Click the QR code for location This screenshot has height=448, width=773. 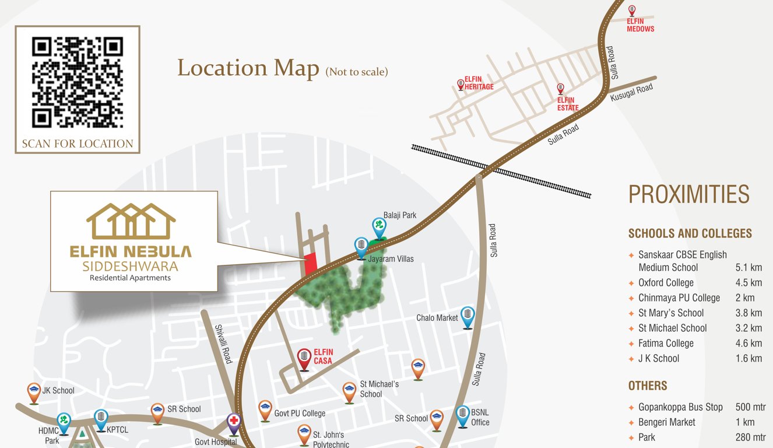[77, 82]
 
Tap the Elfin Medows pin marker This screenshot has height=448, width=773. [632, 10]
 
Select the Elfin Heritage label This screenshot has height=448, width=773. [479, 83]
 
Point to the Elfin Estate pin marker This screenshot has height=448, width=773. [561, 89]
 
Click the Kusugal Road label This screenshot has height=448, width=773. [631, 93]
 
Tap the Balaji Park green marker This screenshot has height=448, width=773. [379, 226]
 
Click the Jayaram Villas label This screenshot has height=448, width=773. [391, 258]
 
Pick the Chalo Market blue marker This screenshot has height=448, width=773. [468, 316]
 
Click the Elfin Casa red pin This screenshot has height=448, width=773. [304, 358]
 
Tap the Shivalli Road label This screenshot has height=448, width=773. [223, 344]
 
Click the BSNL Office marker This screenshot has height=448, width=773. [462, 415]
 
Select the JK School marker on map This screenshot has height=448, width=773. [34, 392]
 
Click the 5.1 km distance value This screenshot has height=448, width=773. [749, 268]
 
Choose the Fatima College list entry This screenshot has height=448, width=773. [666, 343]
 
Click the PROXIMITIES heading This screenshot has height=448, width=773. [688, 194]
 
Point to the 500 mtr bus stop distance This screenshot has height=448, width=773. [751, 407]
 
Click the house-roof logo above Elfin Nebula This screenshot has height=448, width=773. [131, 221]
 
